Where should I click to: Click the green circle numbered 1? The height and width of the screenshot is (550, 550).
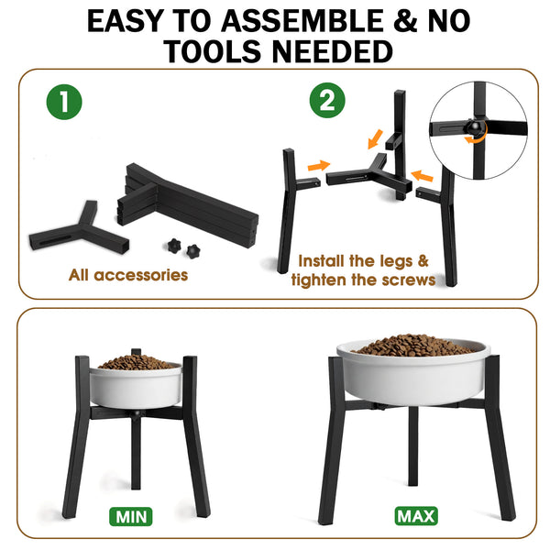[x=64, y=102]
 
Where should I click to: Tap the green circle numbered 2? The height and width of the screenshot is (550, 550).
[x=327, y=100]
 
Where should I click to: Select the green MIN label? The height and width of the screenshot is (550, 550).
[x=131, y=516]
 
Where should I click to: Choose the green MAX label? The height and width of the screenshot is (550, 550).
[x=416, y=516]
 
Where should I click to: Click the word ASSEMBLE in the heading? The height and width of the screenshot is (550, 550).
[x=302, y=21]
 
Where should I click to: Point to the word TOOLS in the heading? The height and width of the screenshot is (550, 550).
[x=213, y=51]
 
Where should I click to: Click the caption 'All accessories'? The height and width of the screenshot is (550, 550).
[x=128, y=275]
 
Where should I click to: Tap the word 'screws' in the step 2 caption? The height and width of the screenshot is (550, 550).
[x=409, y=280]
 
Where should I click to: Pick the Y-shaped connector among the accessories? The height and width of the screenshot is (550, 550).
[x=80, y=230]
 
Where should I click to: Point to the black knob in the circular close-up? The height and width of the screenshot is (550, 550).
[x=474, y=127]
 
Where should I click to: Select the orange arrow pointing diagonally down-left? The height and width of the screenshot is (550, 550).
[x=375, y=139]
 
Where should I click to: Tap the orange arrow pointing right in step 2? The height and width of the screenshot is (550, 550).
[x=319, y=166]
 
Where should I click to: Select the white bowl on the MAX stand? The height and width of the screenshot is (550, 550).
[x=414, y=372]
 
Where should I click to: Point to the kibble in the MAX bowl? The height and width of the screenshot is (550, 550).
[x=414, y=346]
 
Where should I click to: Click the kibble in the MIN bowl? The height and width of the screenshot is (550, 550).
[x=136, y=362]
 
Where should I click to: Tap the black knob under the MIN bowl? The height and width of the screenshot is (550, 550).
[x=136, y=414]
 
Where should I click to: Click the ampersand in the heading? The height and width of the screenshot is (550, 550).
[x=405, y=21]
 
